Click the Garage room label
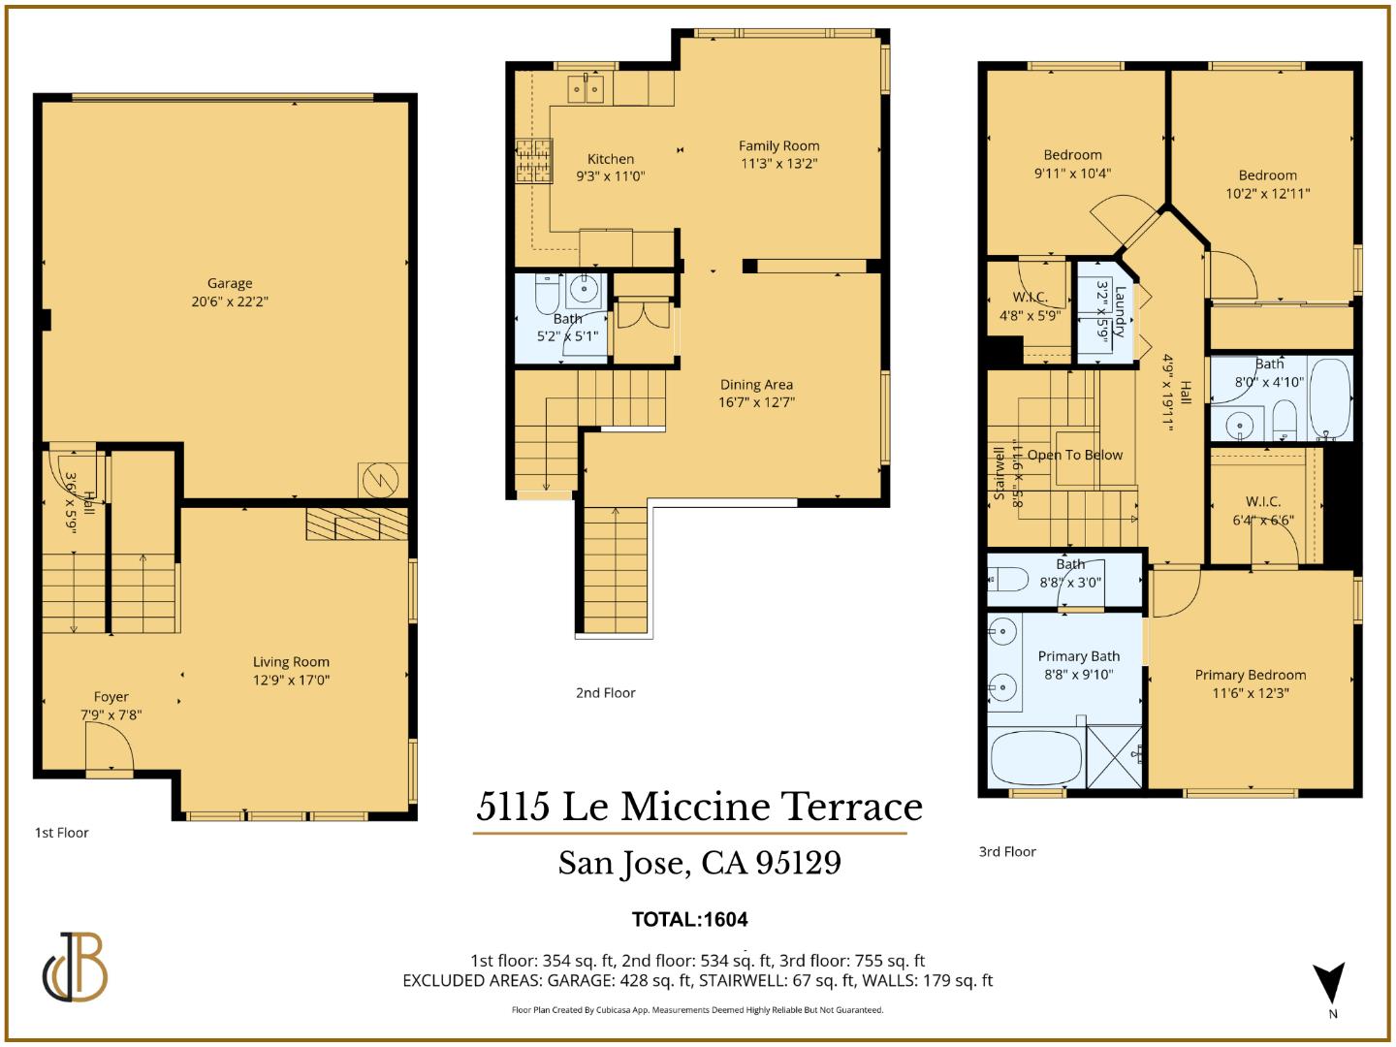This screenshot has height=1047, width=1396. pos(230,283)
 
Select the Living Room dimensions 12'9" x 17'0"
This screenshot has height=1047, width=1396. pos(291,680)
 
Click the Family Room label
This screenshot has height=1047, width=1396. pos(778,145)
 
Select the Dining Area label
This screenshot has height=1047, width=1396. pos(756,384)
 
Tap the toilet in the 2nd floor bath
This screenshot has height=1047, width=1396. pos(547,292)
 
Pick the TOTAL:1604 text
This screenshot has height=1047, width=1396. pos(689,919)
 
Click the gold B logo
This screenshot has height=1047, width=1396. pos(76,968)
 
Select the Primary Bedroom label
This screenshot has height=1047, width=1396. pos(1250,675)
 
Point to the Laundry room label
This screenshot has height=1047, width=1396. pos(1121,310)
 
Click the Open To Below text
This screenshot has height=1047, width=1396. pos(1074,455)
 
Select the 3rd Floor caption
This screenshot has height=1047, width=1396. pos(1007,851)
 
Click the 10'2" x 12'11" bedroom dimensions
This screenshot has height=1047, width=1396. pos(1267,193)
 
